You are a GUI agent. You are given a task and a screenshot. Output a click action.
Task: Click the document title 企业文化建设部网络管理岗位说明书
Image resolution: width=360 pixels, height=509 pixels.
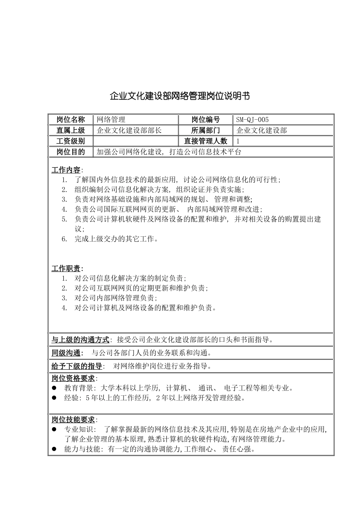(180, 96)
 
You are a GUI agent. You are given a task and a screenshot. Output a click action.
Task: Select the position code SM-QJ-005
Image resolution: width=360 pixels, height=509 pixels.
(252, 120)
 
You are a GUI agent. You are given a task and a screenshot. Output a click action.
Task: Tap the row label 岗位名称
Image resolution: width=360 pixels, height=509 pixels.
(71, 120)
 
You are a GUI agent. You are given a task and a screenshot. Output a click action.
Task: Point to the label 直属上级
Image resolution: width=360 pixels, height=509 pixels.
(71, 131)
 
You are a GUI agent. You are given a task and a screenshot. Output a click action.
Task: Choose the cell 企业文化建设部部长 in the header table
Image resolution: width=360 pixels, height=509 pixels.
(129, 131)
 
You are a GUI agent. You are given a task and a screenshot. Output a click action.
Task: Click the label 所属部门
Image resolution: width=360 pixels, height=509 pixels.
(205, 131)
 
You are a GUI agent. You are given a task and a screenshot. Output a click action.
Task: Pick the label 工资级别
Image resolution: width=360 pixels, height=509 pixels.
(71, 141)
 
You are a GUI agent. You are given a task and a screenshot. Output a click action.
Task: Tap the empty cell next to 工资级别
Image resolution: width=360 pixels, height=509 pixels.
(135, 141)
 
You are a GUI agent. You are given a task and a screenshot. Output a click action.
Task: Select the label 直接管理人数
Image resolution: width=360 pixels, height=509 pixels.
(205, 141)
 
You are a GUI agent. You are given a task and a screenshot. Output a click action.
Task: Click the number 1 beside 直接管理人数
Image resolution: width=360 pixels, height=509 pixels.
(238, 141)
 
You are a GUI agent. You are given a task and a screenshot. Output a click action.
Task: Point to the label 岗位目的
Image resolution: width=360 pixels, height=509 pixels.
(71, 152)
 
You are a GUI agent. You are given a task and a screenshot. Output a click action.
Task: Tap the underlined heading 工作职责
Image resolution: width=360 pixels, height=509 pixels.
(66, 269)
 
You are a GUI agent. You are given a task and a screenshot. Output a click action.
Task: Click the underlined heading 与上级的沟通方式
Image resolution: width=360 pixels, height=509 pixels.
(80, 340)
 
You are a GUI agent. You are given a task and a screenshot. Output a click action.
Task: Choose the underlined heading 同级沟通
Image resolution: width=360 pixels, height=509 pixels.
(66, 353)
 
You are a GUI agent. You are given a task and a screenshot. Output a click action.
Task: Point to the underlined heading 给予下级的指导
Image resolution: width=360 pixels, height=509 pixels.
(77, 366)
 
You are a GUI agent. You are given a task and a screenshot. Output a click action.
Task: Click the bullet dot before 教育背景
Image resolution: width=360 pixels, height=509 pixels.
(54, 388)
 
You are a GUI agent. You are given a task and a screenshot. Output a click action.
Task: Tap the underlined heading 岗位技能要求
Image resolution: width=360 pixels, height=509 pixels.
(73, 420)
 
